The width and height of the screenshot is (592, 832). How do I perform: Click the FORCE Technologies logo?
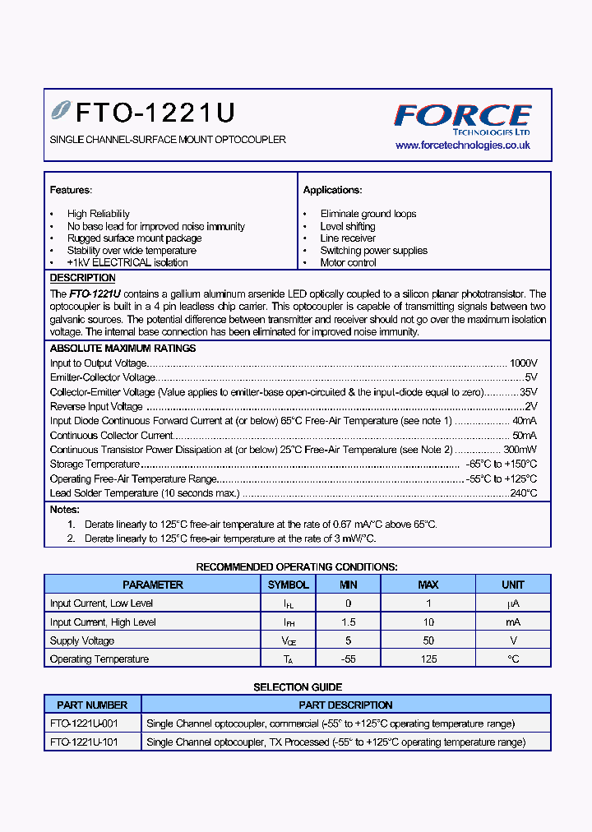[462, 118]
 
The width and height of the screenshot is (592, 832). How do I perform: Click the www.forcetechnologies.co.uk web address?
[462, 145]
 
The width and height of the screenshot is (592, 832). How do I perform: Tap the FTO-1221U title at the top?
[155, 112]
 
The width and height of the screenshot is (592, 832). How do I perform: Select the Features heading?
[71, 190]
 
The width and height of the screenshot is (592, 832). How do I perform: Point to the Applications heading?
[332, 190]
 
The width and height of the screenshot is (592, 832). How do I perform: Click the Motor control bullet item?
[348, 263]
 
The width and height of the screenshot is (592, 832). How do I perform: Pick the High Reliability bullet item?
[98, 214]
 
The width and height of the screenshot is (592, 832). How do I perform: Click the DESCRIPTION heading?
[82, 279]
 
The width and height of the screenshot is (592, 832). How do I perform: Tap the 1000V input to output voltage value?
[523, 363]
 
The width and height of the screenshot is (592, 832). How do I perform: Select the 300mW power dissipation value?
[520, 450]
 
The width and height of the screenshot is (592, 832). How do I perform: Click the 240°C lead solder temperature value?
[522, 493]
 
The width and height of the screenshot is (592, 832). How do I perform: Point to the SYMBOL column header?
[288, 585]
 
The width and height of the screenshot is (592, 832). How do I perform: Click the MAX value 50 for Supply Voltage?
[428, 640]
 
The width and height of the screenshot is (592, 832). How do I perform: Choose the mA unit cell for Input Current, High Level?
[512, 622]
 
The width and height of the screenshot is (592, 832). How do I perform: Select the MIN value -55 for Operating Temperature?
[349, 659]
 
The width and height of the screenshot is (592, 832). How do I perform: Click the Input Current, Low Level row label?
[101, 603]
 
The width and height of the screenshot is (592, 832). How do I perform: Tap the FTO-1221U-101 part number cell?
[84, 742]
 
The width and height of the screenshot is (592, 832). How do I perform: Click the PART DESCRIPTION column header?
[345, 705]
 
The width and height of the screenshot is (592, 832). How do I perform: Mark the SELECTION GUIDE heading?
[297, 686]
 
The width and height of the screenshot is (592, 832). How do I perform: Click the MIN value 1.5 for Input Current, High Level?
[349, 622]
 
